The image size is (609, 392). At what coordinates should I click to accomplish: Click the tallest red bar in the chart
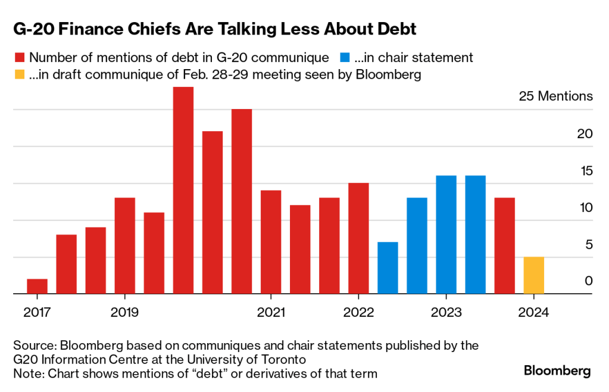pos(183,191)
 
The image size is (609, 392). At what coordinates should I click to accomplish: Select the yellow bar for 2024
pos(533,275)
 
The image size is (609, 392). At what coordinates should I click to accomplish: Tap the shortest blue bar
pos(388,268)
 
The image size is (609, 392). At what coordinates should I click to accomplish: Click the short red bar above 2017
pos(37,287)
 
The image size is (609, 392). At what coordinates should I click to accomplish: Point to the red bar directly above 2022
pos(358,238)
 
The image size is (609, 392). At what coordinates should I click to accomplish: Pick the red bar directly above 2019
pos(125,245)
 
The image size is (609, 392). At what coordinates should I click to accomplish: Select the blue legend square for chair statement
pos(345,58)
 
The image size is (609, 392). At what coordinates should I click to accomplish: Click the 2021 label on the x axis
pos(271,312)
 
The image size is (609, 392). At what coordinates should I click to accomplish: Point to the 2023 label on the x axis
pos(446,312)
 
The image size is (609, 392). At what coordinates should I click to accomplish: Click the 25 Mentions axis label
pos(556,97)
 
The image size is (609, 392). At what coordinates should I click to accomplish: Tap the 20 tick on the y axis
pos(585,133)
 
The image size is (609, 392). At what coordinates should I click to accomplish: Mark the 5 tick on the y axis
pos(589,244)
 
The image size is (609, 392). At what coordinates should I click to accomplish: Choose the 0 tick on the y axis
pos(589,281)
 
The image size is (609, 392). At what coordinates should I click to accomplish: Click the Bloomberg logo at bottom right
pos(557,371)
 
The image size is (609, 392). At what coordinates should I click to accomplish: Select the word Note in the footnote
pos(27,374)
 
